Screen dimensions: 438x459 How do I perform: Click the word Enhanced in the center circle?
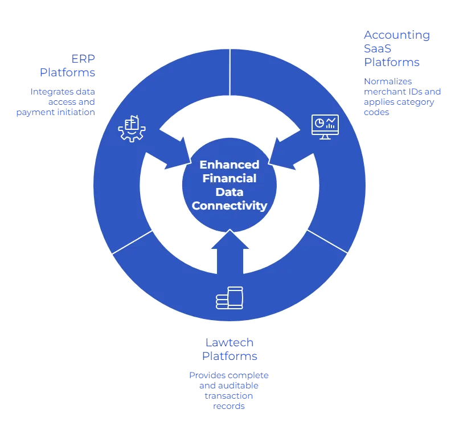(x=229, y=165)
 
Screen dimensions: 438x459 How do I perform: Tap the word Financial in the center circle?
(x=229, y=178)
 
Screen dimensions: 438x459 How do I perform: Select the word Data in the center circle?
(x=229, y=192)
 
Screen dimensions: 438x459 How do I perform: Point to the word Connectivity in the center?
(x=229, y=206)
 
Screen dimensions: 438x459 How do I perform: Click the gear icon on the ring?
(x=132, y=128)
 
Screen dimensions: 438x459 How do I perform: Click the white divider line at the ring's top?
(x=229, y=72)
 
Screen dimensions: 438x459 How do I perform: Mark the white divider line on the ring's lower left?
(x=133, y=242)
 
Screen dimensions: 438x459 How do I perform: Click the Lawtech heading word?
(x=229, y=342)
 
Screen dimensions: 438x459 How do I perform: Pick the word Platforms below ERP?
(x=67, y=72)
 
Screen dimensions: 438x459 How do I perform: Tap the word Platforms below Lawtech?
(x=229, y=355)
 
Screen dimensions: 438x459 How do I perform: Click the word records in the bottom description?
(x=229, y=407)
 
